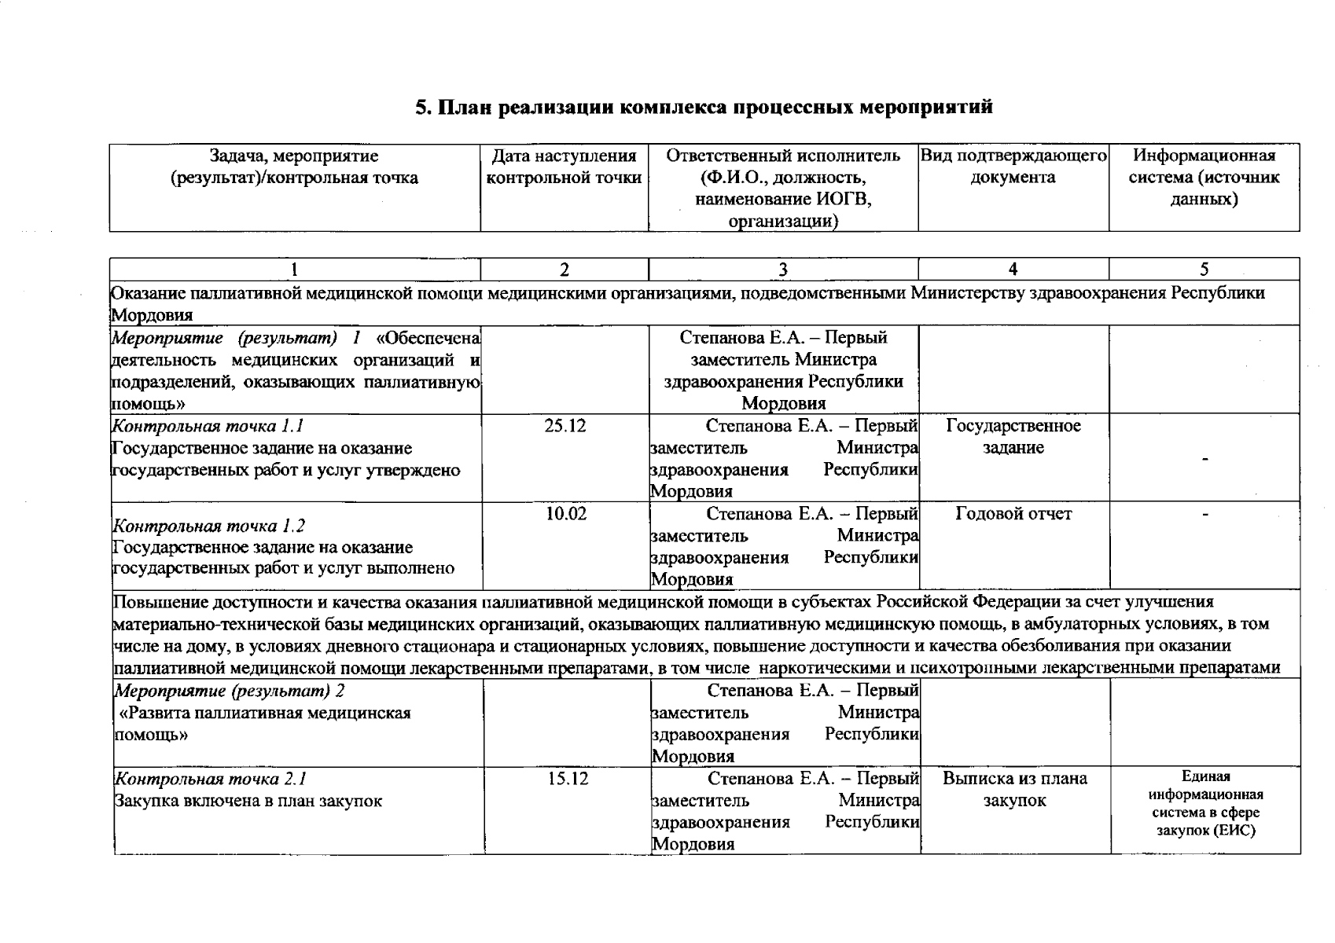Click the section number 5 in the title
(421, 107)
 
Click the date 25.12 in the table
(565, 426)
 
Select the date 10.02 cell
(565, 514)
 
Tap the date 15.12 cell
(566, 779)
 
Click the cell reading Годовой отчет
(1013, 514)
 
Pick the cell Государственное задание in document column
(1013, 437)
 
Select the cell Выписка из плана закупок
(1014, 790)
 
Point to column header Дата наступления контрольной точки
(564, 167)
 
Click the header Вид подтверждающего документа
(1013, 167)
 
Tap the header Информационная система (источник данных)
(1204, 178)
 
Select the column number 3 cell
(782, 270)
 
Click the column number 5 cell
(1204, 270)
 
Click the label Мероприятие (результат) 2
(230, 691)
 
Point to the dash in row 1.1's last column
(1204, 459)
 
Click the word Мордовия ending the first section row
(152, 315)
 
